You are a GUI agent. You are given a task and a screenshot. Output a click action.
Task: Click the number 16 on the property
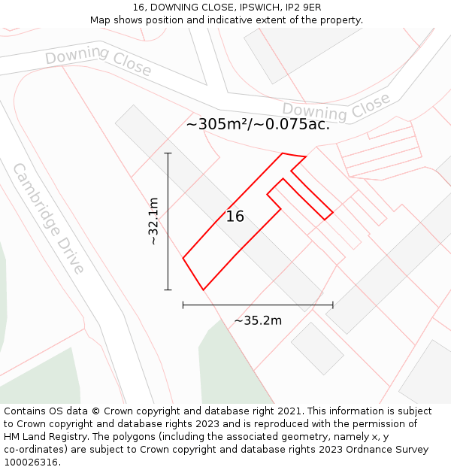pos(235,217)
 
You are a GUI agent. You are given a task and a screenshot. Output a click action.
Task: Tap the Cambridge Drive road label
pos(49,218)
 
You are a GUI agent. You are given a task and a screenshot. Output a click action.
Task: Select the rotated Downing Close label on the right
pos(337,108)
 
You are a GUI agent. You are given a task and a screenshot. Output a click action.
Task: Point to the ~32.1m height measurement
pos(153,221)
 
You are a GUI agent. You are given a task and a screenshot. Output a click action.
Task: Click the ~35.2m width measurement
pos(258,321)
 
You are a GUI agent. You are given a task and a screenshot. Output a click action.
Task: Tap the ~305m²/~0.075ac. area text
pos(258,125)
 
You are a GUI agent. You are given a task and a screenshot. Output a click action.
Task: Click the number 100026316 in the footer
pos(32,462)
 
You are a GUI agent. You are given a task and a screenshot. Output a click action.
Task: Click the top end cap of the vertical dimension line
pos(168,153)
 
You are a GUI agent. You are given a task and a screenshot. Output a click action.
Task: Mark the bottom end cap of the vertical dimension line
pos(168,290)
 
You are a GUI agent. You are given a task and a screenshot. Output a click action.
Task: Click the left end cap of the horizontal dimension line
pos(183,305)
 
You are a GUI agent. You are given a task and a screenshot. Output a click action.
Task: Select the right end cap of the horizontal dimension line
pos(333,305)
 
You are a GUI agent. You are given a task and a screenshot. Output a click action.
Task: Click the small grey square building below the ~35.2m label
pos(317,348)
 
